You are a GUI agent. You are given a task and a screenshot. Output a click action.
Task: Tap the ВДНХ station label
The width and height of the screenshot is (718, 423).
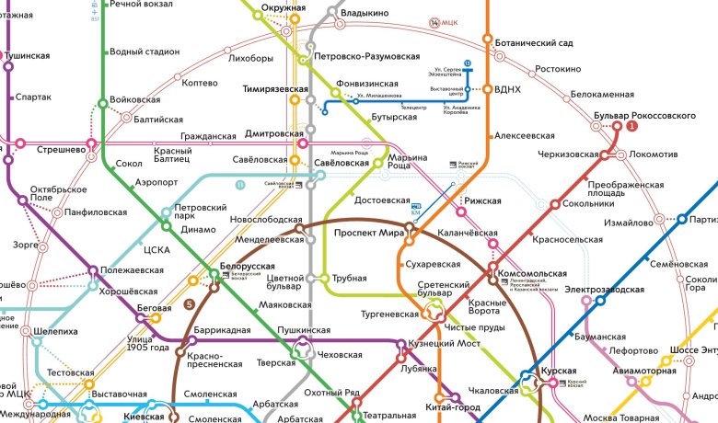pos(508,89)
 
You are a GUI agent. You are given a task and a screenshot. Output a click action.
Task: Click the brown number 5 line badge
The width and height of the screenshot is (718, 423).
pos(190,304)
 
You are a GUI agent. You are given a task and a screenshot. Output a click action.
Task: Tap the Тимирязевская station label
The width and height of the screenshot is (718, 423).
pos(274,88)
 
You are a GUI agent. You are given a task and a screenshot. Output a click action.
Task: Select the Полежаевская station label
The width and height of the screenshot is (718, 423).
pos(132,270)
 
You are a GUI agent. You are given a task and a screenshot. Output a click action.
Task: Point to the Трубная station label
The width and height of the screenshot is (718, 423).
pos(350,279)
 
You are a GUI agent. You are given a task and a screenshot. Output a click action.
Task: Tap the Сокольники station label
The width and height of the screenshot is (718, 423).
pos(582,203)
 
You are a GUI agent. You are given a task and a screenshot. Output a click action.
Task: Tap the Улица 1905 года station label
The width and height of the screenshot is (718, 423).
pos(147,343)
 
